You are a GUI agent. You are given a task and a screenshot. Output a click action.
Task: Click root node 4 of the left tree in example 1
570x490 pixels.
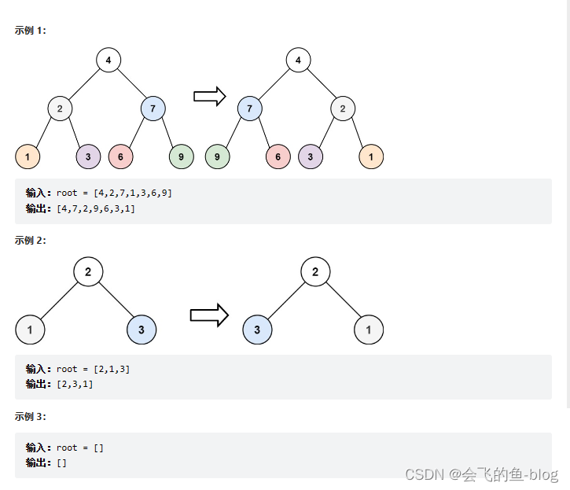point(108,60)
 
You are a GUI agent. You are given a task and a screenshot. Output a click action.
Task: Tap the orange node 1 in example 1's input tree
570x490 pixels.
point(28,157)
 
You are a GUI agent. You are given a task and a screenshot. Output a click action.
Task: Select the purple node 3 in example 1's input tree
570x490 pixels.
point(88,157)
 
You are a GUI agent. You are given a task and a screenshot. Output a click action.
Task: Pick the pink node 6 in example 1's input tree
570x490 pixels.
point(120,157)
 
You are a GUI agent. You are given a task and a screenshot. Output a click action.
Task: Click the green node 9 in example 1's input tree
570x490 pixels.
point(181,157)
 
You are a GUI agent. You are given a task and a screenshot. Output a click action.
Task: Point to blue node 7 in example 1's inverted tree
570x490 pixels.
point(249,109)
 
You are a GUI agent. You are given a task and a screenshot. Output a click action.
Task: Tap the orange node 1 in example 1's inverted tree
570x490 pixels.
point(371,157)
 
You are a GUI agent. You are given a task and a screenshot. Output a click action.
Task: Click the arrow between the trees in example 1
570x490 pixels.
point(209,96)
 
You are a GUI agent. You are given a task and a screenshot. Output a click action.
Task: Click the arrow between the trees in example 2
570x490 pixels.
point(208,315)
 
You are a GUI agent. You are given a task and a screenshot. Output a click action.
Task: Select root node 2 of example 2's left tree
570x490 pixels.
point(88,272)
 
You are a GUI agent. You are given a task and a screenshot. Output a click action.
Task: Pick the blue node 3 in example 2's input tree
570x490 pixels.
point(142,330)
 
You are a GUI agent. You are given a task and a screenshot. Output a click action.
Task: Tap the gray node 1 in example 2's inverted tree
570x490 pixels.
point(369,330)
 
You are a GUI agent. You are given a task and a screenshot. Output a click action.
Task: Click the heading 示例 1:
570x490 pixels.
point(31,31)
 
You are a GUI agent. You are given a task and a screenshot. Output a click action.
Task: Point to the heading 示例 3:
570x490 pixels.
point(31,416)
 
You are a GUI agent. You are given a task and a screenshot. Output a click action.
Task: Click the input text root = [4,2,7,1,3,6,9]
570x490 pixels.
point(114,193)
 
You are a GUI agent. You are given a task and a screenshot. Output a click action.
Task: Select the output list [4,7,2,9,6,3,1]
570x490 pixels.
point(96,208)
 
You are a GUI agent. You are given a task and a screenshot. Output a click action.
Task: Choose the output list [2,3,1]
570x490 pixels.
point(75,384)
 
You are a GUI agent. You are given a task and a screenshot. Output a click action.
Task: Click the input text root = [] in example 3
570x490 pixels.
point(79,448)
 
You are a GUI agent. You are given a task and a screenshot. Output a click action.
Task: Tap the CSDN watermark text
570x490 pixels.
point(480,474)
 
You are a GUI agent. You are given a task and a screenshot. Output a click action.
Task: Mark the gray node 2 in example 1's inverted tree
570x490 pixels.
point(343,109)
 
